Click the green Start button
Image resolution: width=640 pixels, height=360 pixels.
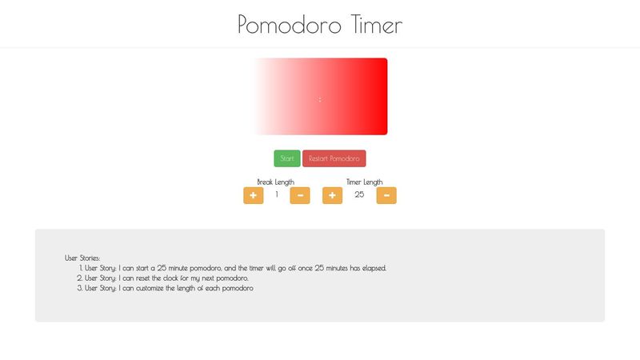[286, 158]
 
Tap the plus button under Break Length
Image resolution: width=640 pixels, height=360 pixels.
[253, 195]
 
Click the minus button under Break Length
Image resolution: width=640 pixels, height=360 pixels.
[300, 195]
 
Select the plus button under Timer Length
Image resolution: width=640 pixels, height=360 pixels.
[332, 195]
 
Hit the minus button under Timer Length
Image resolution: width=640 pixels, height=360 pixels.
[386, 195]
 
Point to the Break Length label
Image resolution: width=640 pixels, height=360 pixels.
[275, 182]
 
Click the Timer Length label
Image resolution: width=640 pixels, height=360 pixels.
[364, 182]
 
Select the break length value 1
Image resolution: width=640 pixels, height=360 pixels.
[277, 194]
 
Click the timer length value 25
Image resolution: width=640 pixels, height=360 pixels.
[359, 194]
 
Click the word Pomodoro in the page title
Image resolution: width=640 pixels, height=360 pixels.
[290, 25]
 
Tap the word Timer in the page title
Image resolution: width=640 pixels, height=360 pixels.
[377, 25]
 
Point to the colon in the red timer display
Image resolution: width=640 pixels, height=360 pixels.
[320, 99]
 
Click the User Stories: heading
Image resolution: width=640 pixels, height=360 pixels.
[82, 258]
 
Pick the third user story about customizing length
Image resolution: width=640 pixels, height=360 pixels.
[169, 287]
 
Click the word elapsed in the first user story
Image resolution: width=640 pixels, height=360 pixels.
[372, 268]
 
